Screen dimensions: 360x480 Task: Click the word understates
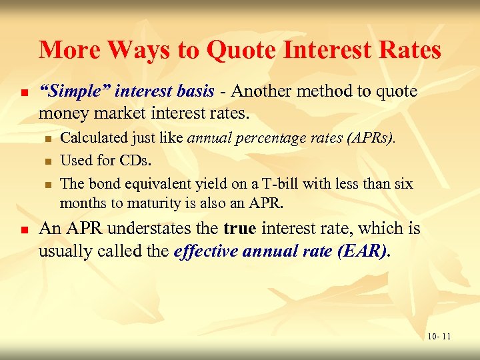[x=163, y=229]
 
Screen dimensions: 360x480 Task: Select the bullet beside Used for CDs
[x=48, y=161]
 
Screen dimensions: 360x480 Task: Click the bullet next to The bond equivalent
[x=48, y=184]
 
